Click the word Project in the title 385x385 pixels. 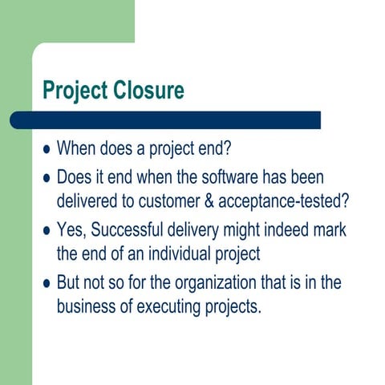pos(73,91)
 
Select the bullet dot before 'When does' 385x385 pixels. pos(46,149)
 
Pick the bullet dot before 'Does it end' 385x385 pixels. pos(46,177)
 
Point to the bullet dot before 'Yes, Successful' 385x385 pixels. pos(46,231)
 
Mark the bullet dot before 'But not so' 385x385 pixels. pos(46,284)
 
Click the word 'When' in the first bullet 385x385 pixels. pos(76,149)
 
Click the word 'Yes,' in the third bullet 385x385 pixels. pos(71,230)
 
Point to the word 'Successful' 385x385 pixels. pos(129,230)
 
